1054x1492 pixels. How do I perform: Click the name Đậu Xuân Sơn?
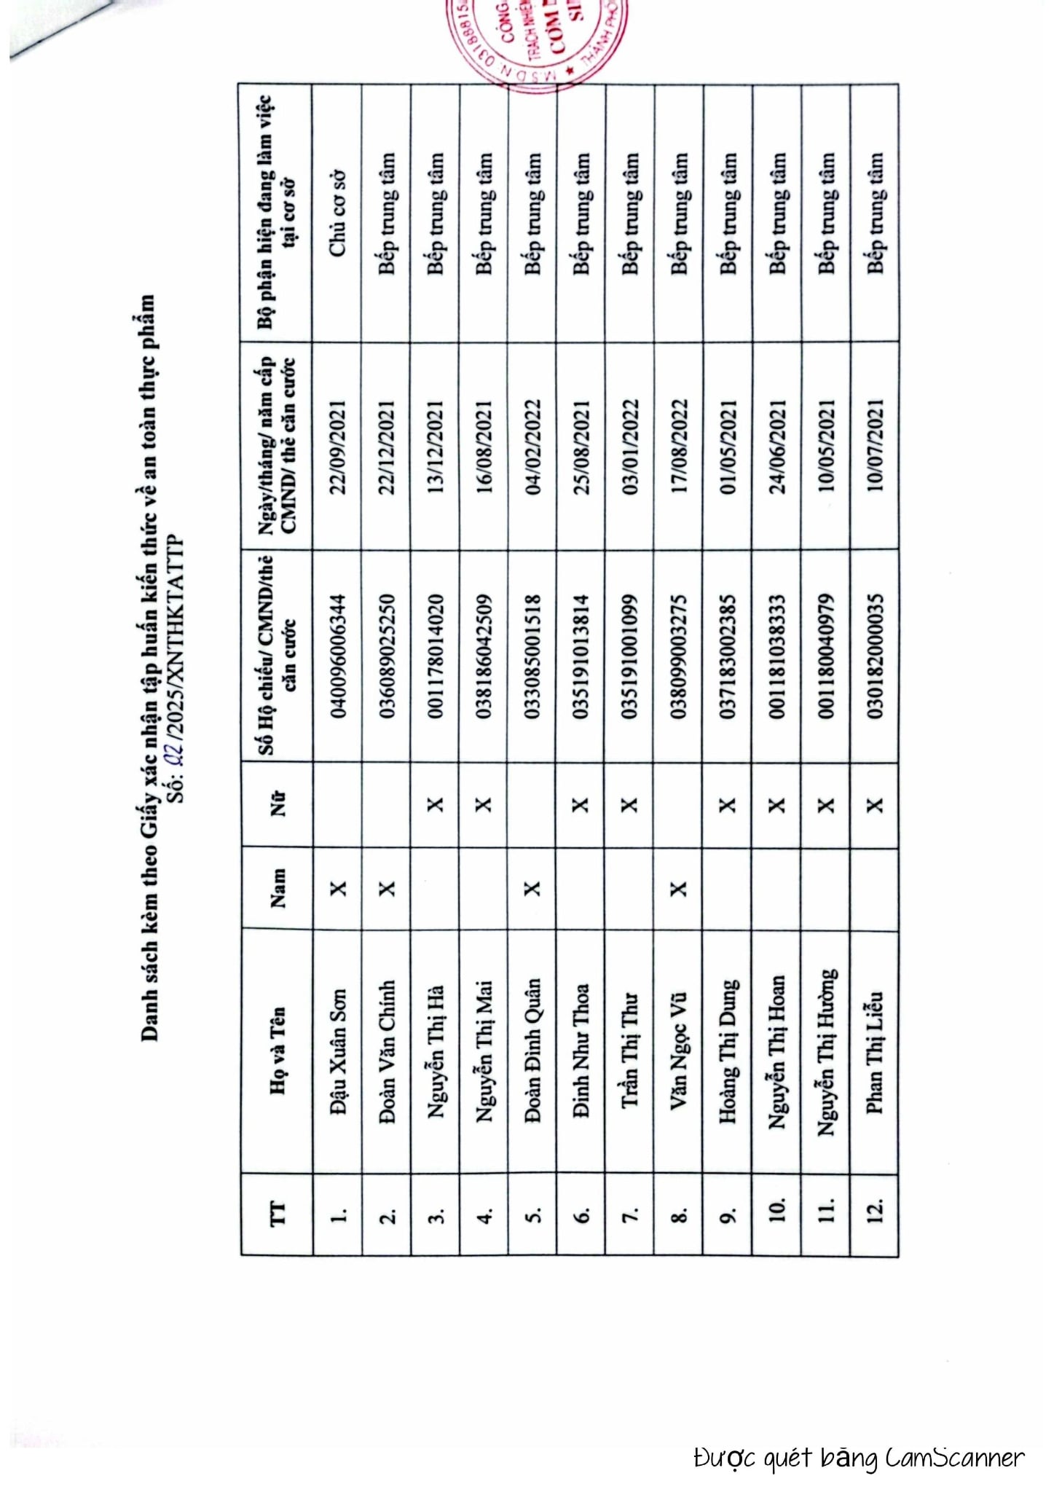tap(338, 1051)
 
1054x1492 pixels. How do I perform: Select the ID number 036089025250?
tap(387, 656)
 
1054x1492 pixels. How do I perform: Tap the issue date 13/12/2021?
tap(436, 447)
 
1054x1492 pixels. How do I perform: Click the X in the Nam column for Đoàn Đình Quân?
tap(532, 889)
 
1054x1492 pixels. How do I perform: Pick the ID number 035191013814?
tap(581, 656)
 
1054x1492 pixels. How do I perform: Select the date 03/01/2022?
tap(630, 447)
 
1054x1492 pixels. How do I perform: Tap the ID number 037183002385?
tap(728, 656)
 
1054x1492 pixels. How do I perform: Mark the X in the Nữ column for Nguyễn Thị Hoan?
tap(776, 805)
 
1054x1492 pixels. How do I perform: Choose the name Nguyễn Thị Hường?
tap(826, 1051)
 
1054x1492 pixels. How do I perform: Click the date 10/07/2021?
tap(875, 447)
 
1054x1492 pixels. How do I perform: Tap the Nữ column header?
tap(278, 805)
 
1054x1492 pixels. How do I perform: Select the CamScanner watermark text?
tap(859, 1456)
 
